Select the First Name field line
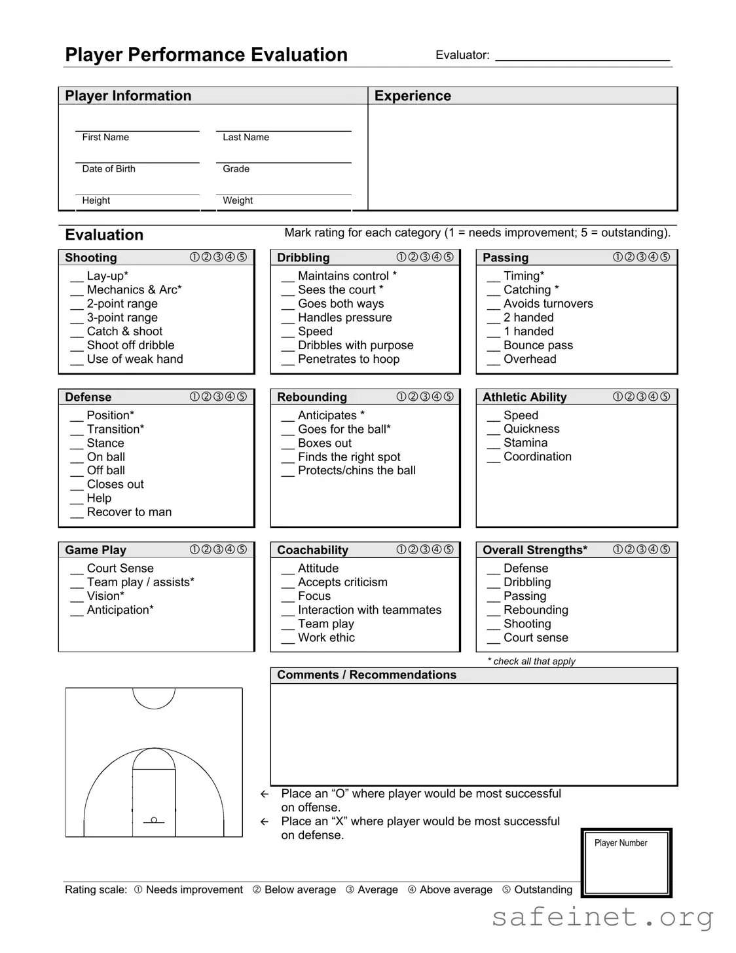pos(137,130)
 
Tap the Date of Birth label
pos(109,169)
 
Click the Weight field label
pos(238,200)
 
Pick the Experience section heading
pos(413,96)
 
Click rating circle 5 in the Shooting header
pos(242,257)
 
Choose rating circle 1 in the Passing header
pos(617,257)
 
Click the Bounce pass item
pos(538,345)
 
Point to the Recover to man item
pos(129,512)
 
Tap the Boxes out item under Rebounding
pos(324,443)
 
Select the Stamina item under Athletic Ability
pos(525,443)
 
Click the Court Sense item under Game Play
pos(120,569)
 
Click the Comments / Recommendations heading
pos(366,675)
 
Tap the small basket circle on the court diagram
pos(154,819)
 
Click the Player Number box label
pos(620,843)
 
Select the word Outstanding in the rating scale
pos(543,889)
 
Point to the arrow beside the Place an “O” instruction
pos(265,794)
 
